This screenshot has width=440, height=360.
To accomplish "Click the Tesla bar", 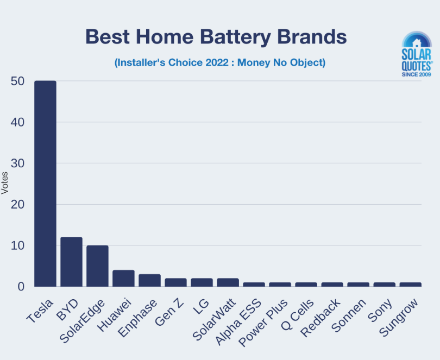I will click(45, 184).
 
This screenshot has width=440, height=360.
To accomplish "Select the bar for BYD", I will click(71, 262).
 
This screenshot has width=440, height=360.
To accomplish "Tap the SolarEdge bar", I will click(97, 266).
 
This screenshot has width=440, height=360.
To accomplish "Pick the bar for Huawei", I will click(123, 278).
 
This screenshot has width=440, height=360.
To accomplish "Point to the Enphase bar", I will click(149, 280).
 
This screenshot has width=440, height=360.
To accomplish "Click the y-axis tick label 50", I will click(17, 81).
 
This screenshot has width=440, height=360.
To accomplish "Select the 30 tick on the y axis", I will click(17, 163).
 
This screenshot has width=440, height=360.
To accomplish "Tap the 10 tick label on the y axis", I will click(17, 245).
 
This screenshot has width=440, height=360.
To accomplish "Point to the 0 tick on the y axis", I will click(21, 287).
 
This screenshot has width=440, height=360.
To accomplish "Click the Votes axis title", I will click(5, 183).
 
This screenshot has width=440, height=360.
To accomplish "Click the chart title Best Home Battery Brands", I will click(216, 37).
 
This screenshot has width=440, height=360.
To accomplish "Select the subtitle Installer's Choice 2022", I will click(219, 62).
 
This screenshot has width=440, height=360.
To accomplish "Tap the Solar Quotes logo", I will click(417, 54).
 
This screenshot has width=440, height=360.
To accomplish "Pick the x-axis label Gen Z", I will click(169, 311).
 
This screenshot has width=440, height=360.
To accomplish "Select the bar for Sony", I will click(384, 285).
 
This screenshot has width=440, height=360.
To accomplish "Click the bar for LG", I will click(202, 282).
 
